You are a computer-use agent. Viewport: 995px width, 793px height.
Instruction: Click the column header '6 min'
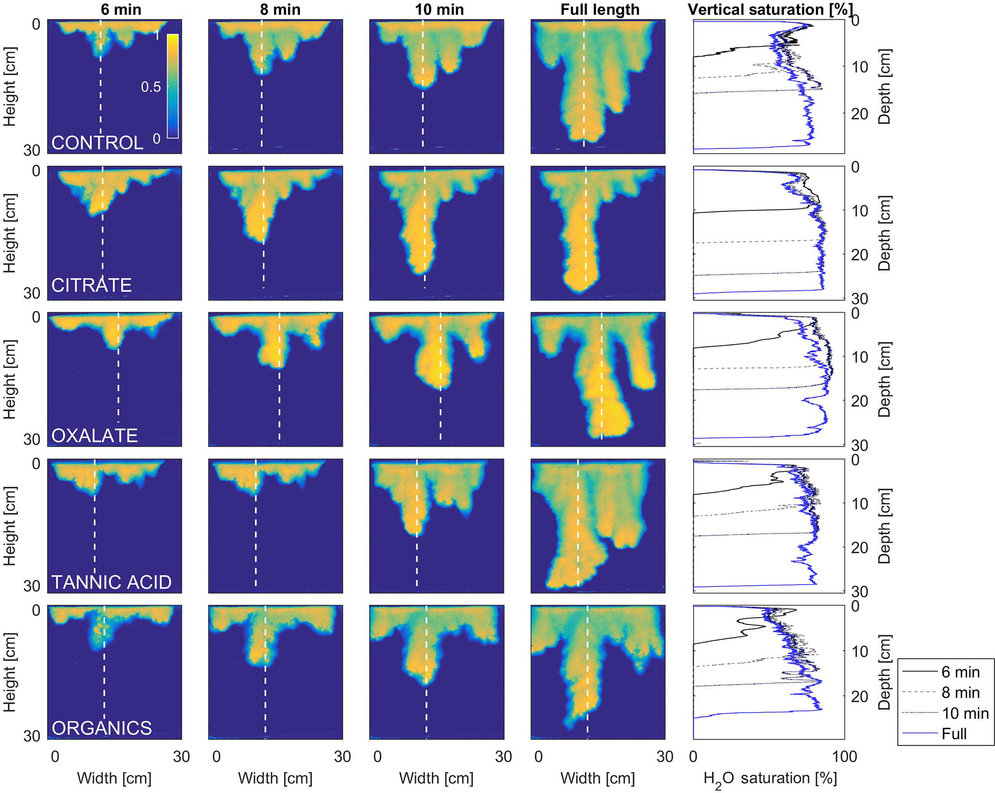tap(121, 9)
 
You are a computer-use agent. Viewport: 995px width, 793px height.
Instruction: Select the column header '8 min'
tap(280, 9)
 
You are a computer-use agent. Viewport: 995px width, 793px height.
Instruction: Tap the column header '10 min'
tap(439, 9)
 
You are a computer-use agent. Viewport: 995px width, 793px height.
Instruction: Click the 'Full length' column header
tap(600, 9)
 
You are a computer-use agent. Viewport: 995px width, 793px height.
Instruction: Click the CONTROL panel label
tap(97, 143)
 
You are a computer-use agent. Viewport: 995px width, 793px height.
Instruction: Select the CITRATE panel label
tap(91, 285)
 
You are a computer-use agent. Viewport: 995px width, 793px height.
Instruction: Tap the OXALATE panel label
tap(94, 435)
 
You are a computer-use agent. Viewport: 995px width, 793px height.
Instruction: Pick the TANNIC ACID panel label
tap(111, 582)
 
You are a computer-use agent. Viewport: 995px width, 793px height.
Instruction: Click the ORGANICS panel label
tap(102, 728)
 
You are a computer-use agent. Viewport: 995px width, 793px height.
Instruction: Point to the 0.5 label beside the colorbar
tap(151, 87)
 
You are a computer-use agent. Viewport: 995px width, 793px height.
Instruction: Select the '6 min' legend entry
tap(960, 672)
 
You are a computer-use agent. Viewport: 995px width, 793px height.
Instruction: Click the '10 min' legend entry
tap(965, 713)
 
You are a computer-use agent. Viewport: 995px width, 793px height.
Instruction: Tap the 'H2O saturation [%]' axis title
tap(770, 779)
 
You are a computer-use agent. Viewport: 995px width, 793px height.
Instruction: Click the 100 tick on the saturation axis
tap(845, 756)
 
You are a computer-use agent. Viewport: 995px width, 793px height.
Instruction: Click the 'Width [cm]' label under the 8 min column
tap(275, 778)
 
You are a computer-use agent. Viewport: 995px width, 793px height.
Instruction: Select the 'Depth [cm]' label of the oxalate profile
tap(885, 379)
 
